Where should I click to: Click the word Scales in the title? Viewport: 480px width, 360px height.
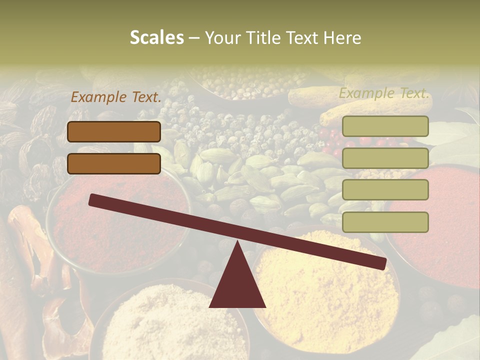(156, 37)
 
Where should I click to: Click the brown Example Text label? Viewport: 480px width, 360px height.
(116, 97)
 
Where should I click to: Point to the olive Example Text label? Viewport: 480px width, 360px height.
(384, 93)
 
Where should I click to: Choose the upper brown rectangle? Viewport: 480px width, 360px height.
(114, 131)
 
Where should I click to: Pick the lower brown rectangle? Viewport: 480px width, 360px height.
(114, 163)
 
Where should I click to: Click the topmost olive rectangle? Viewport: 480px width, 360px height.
(385, 126)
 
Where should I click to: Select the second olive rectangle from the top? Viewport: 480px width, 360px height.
(385, 158)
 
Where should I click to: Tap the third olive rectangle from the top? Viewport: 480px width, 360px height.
(385, 190)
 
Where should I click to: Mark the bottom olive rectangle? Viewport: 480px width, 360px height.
(385, 222)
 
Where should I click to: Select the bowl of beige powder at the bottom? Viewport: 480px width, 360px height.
(170, 325)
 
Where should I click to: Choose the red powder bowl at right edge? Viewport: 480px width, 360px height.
(440, 225)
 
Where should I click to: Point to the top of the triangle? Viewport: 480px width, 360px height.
(237, 243)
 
